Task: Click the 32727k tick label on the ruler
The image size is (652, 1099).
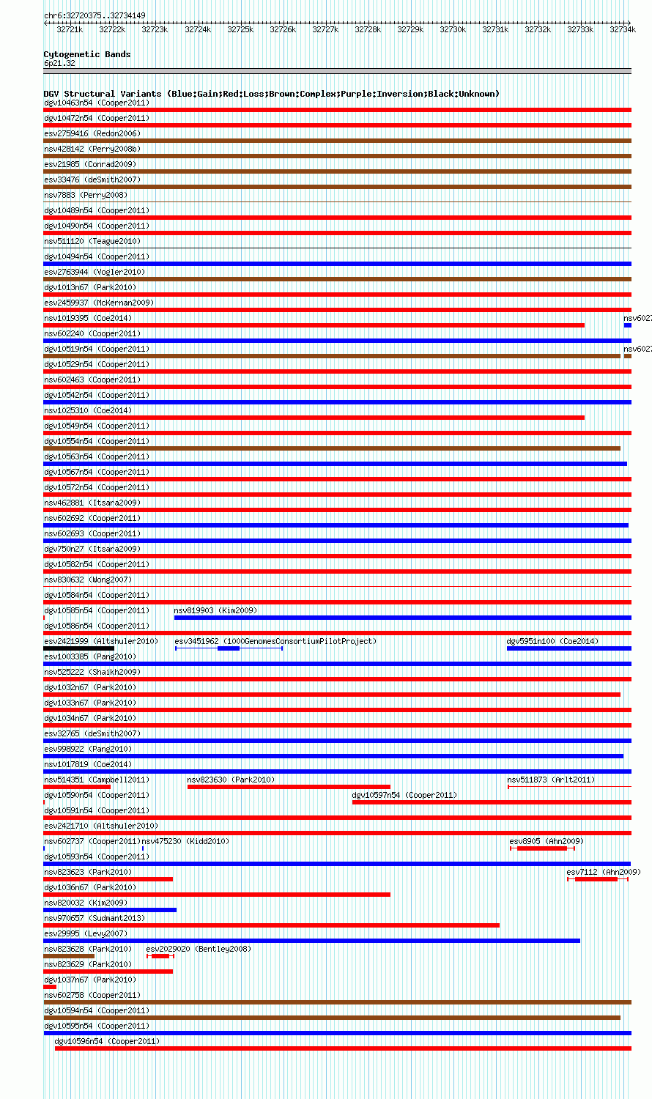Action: click(x=325, y=29)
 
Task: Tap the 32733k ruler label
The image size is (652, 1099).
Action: click(x=580, y=29)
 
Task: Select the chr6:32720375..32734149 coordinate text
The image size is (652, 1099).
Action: click(x=95, y=15)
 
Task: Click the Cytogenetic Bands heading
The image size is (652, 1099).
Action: click(x=86, y=54)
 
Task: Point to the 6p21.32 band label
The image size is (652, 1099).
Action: click(x=59, y=63)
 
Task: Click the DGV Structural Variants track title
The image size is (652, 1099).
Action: click(x=271, y=94)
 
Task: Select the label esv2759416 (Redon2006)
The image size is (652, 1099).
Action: click(x=92, y=133)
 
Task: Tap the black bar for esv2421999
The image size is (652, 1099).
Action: click(x=78, y=648)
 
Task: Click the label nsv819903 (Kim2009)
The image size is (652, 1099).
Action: click(x=215, y=610)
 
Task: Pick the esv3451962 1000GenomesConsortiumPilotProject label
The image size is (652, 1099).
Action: click(x=275, y=641)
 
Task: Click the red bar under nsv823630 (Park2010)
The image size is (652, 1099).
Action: click(x=289, y=787)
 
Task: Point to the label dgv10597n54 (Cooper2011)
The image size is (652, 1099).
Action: click(x=404, y=795)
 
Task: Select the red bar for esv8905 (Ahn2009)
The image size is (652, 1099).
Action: click(x=542, y=848)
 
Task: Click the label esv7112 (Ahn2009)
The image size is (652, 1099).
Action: click(x=604, y=872)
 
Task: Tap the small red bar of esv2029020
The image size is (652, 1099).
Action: click(x=160, y=956)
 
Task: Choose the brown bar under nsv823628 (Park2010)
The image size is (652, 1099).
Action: click(x=69, y=956)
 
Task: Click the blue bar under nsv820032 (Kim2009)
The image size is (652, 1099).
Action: click(x=110, y=910)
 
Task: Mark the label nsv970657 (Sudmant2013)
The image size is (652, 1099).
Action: click(x=95, y=918)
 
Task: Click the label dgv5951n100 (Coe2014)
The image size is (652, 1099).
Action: click(x=552, y=641)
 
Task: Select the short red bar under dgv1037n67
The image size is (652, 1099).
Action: click(x=50, y=987)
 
